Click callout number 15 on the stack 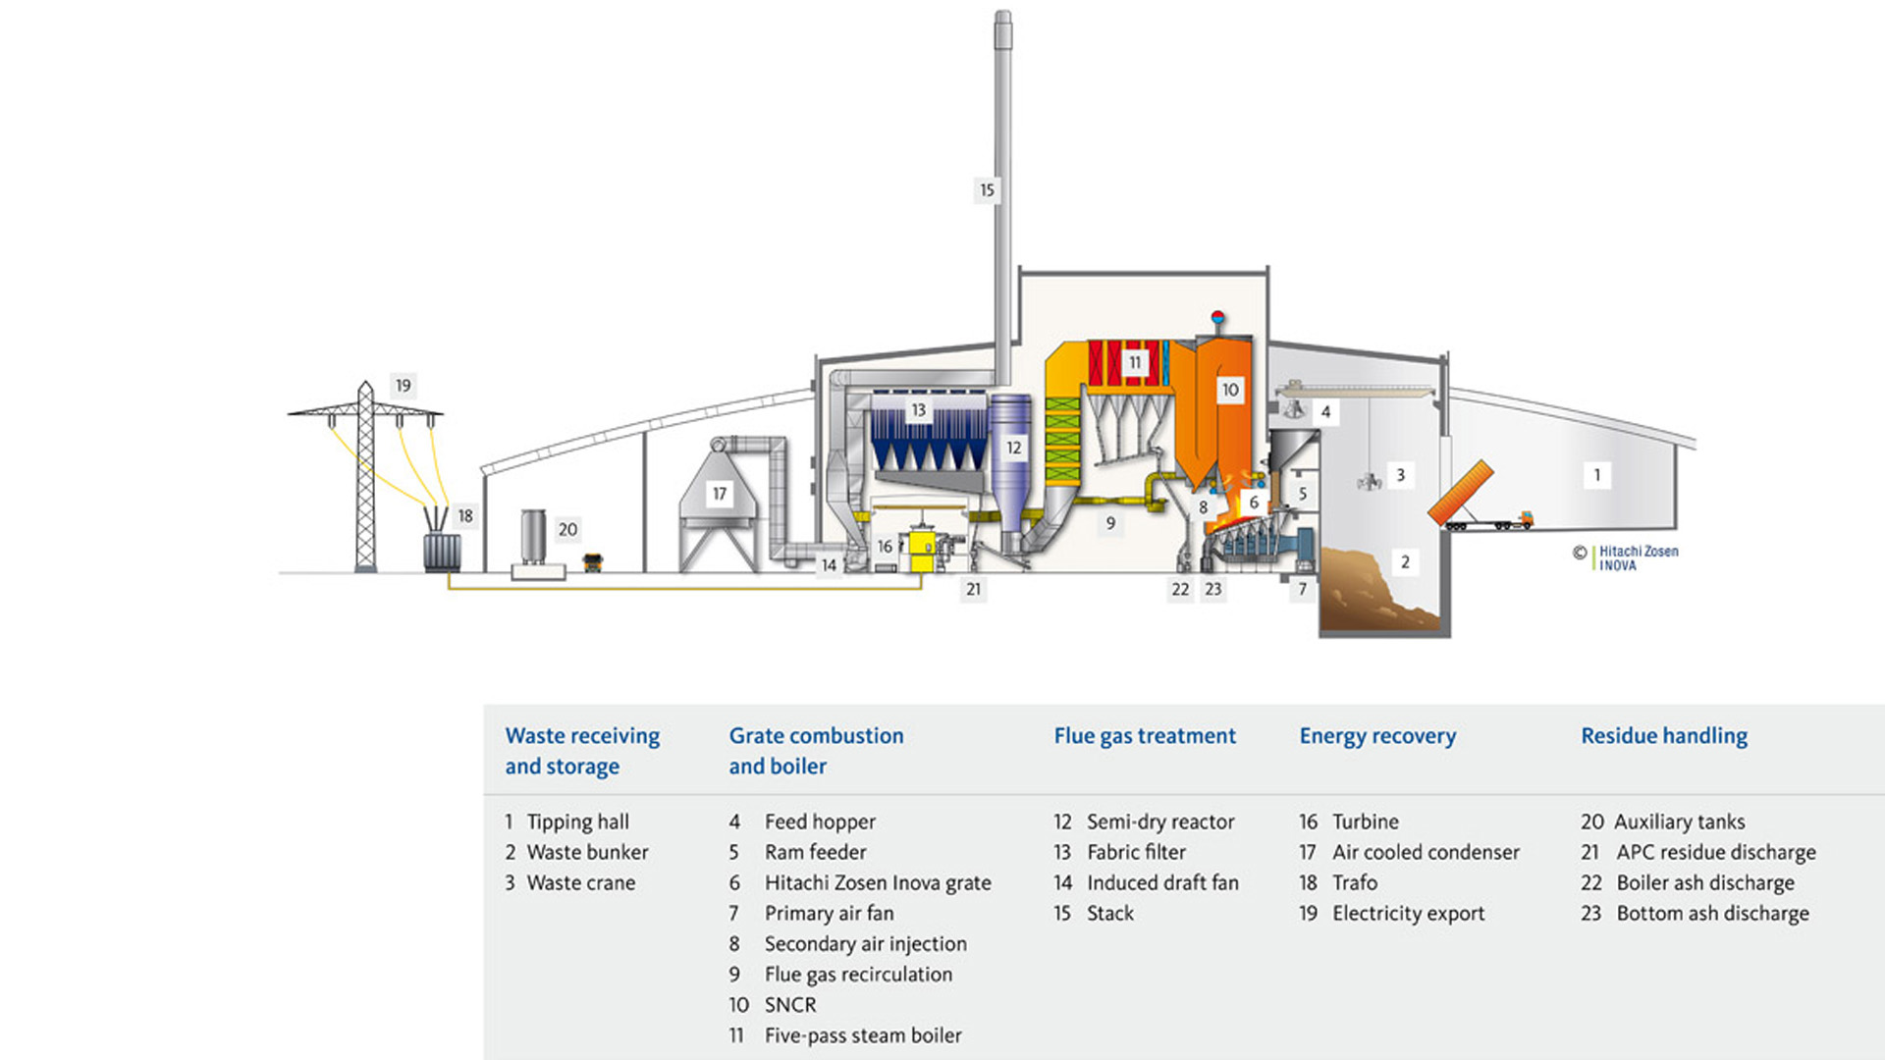(x=987, y=190)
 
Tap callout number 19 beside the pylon (x=403, y=386)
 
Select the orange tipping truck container (x=1461, y=494)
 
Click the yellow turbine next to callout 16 (x=923, y=550)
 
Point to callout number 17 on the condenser (x=720, y=494)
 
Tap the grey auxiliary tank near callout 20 (x=533, y=537)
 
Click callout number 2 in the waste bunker (x=1405, y=562)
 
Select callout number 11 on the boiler (x=1135, y=363)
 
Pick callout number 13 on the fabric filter (x=918, y=410)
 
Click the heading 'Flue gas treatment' (x=1145, y=736)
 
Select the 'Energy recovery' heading (x=1377, y=736)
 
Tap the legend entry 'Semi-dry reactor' (x=1159, y=821)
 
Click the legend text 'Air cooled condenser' (x=1426, y=852)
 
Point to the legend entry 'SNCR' (x=790, y=1005)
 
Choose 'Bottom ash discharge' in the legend (x=1712, y=913)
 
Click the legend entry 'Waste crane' (x=580, y=882)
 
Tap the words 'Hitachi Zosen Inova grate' (x=878, y=882)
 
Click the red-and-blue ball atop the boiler (x=1217, y=317)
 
